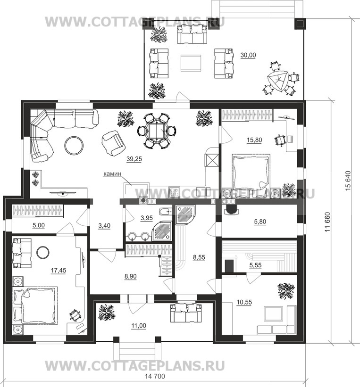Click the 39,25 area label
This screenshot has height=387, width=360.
click(134, 159)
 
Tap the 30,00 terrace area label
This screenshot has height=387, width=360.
click(248, 55)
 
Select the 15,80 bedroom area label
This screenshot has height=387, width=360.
click(254, 140)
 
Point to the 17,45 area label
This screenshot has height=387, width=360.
click(59, 271)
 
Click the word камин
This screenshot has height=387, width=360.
click(112, 174)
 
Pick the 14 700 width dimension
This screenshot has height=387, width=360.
click(155, 377)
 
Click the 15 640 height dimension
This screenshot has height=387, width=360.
click(348, 181)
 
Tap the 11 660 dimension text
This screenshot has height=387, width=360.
click(327, 222)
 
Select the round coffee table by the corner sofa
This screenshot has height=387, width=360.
click(74, 146)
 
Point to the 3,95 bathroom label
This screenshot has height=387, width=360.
click(147, 218)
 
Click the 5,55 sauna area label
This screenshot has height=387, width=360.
click(255, 265)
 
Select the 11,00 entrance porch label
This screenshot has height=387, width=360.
click(139, 326)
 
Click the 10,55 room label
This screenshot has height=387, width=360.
click(244, 302)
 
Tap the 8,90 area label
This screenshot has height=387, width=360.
click(131, 276)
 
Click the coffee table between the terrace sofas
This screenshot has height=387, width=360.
click(191, 63)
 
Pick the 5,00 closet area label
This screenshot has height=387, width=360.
click(39, 225)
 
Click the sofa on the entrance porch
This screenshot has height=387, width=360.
click(186, 313)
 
